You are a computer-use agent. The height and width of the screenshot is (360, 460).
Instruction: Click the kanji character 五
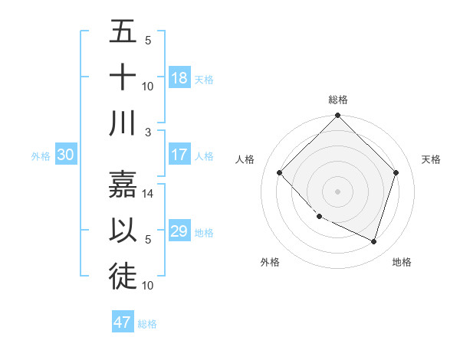(123, 33)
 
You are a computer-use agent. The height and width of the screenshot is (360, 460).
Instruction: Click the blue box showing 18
(179, 78)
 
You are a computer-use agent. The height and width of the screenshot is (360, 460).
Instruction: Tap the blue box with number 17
(179, 155)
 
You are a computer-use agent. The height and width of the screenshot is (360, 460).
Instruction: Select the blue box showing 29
(179, 231)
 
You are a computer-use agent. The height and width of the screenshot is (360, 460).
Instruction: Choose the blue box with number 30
(65, 155)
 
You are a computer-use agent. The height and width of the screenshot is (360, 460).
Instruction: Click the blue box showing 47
(123, 322)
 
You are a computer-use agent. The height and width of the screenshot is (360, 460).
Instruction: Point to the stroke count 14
(149, 195)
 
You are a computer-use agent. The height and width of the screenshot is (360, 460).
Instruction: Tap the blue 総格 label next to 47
(147, 324)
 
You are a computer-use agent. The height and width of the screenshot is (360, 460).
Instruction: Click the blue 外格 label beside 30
(41, 156)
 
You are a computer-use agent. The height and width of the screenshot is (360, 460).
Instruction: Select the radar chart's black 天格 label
(432, 159)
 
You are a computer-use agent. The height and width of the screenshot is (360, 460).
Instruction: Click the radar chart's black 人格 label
(245, 159)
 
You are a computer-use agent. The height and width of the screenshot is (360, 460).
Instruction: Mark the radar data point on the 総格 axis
(337, 116)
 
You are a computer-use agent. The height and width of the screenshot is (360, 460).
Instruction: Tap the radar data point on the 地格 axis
(373, 241)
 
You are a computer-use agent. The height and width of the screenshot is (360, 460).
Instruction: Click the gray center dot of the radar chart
(337, 191)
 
